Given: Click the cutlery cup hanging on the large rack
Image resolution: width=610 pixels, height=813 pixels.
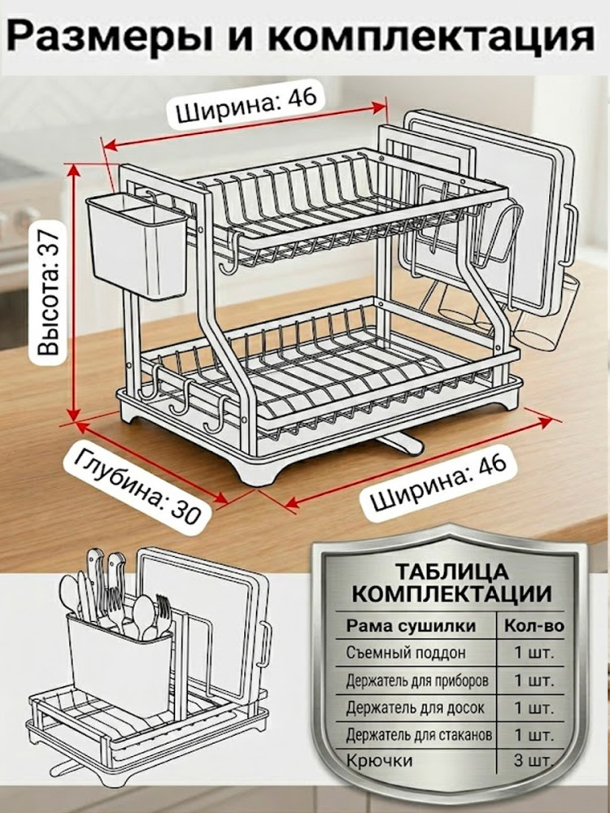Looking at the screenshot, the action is coord(137,246).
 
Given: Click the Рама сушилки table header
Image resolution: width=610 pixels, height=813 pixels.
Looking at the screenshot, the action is coord(411,626).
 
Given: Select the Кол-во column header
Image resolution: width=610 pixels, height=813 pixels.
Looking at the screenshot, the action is coord(534,626).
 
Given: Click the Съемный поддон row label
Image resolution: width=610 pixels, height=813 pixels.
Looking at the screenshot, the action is coord(406,653).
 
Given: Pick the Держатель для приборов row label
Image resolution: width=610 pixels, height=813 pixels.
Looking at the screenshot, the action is coord(417,680).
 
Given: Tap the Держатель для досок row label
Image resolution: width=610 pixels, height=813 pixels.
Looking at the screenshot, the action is coord(415,707).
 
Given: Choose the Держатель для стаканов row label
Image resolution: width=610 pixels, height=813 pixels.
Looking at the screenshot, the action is coord(419,734).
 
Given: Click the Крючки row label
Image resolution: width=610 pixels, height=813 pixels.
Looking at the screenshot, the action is coord(379,761).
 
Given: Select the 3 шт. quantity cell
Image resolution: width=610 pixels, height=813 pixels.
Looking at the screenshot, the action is coord(534,761).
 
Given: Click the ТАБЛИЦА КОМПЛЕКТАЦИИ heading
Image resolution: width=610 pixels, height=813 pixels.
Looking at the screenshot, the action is coord(451,582).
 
